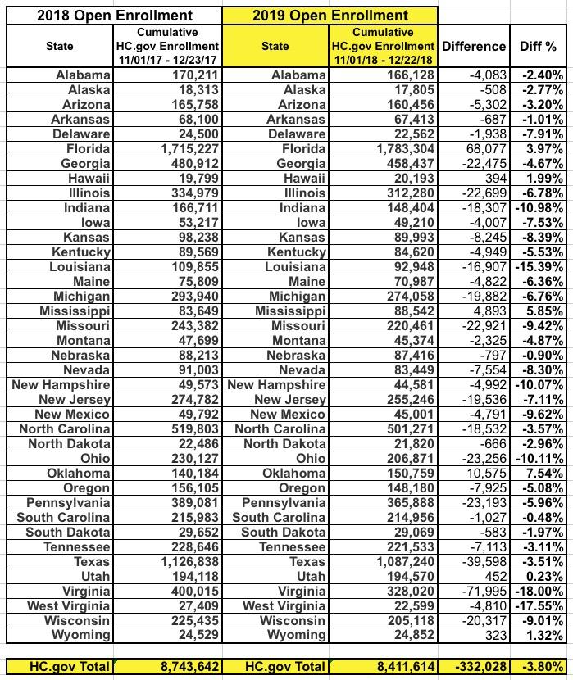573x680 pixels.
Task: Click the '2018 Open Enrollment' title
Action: (x=111, y=14)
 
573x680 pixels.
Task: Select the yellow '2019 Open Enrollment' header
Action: (x=330, y=14)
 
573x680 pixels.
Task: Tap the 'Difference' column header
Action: (x=474, y=47)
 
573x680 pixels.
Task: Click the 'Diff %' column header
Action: (x=538, y=47)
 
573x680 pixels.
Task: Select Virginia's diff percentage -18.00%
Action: (x=539, y=592)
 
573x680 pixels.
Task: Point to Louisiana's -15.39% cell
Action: (x=539, y=268)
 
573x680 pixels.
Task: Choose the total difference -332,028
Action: (x=474, y=667)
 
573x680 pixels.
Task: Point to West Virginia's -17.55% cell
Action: (x=539, y=606)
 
